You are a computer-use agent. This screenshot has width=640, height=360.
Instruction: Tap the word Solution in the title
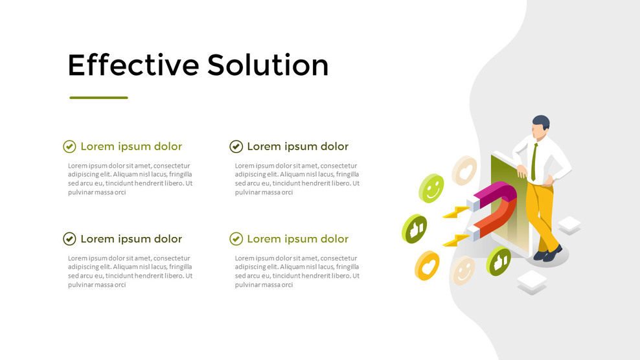click(268, 65)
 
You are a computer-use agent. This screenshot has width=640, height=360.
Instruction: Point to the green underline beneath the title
click(98, 98)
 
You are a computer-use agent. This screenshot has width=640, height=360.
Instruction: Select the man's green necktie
click(534, 162)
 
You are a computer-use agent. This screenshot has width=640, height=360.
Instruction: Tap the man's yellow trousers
click(542, 214)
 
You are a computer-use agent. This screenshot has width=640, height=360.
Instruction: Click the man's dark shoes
click(547, 253)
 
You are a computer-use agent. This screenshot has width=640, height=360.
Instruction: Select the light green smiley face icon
click(431, 188)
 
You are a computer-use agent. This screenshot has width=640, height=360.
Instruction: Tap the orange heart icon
click(428, 265)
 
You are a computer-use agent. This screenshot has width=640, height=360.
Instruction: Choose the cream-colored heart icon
click(464, 170)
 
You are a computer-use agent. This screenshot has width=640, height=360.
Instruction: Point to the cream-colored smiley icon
click(463, 270)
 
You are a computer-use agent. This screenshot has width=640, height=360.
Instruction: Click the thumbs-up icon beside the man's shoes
click(499, 261)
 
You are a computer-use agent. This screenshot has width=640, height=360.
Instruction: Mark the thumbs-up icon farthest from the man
click(414, 228)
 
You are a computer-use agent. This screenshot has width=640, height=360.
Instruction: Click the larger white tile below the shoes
click(532, 281)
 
